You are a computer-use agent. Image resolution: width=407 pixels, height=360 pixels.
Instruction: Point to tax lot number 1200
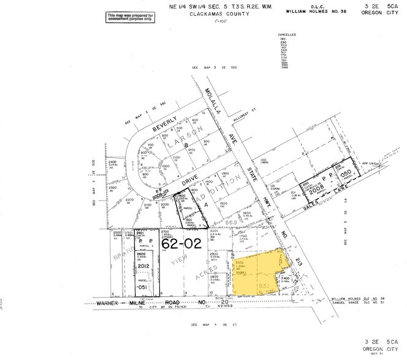191,150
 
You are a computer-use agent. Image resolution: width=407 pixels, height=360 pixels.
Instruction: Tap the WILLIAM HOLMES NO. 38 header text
313,12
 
